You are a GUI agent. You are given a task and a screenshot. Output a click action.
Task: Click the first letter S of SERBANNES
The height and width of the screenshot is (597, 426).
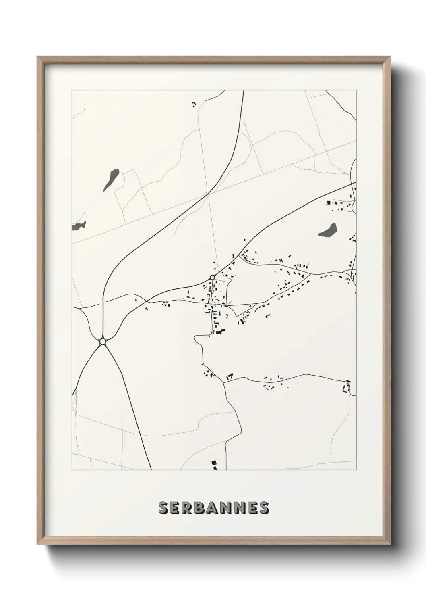pyautogui.click(x=164, y=507)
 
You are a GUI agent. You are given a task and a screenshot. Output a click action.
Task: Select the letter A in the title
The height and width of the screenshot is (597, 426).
pyautogui.click(x=215, y=507)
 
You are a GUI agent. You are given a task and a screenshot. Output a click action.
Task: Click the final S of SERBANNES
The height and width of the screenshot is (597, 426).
pyautogui.click(x=264, y=507)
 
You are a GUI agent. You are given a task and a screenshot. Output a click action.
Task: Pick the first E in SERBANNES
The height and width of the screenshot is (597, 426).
pyautogui.click(x=177, y=507)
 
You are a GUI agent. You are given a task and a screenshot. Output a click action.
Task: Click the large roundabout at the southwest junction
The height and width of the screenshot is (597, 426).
pyautogui.click(x=103, y=342)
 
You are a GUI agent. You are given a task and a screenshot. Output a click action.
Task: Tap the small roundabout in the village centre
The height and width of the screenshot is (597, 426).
pyautogui.click(x=212, y=277)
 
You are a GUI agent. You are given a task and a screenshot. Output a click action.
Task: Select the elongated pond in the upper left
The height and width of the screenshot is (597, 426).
pyautogui.click(x=111, y=180)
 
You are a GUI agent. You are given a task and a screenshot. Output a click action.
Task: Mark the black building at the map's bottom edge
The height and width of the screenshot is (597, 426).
pyautogui.click(x=214, y=465)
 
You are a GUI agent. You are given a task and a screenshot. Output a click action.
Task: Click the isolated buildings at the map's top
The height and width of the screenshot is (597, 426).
pyautogui.click(x=194, y=105)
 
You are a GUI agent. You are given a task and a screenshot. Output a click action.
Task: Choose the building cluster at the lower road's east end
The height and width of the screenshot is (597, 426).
pyautogui.click(x=346, y=387)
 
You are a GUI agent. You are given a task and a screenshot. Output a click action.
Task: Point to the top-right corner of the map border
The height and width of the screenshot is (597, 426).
pyautogui.click(x=356, y=90)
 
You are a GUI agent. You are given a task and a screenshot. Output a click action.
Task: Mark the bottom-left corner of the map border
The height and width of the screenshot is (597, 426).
pyautogui.click(x=72, y=470)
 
